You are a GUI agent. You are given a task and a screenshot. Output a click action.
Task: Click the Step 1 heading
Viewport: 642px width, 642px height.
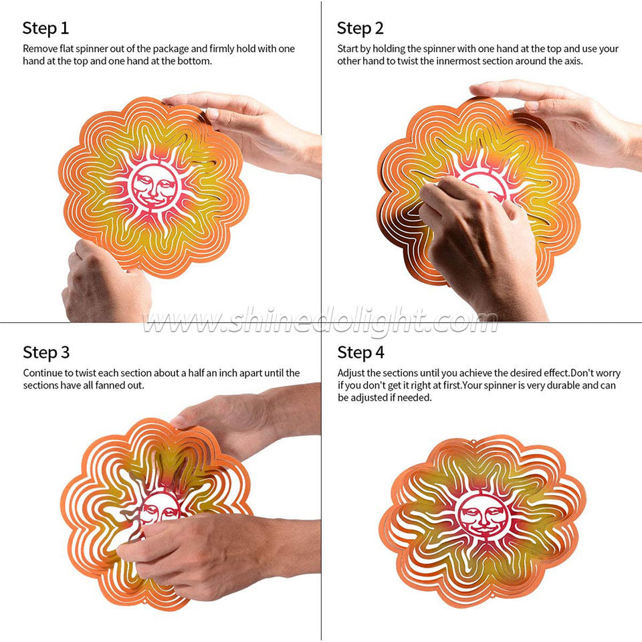click(45, 28)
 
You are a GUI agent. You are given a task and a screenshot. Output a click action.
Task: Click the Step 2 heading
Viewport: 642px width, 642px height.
click(360, 28)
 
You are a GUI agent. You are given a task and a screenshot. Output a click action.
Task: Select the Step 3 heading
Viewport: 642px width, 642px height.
click(46, 352)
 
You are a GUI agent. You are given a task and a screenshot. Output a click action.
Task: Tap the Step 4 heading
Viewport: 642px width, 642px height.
click(360, 352)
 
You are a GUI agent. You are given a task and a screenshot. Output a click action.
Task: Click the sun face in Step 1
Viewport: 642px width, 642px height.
click(154, 187)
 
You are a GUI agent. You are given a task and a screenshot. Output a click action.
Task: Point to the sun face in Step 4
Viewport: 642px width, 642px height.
click(484, 516)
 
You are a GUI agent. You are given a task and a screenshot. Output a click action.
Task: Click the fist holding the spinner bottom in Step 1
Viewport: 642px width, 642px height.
click(104, 282)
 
